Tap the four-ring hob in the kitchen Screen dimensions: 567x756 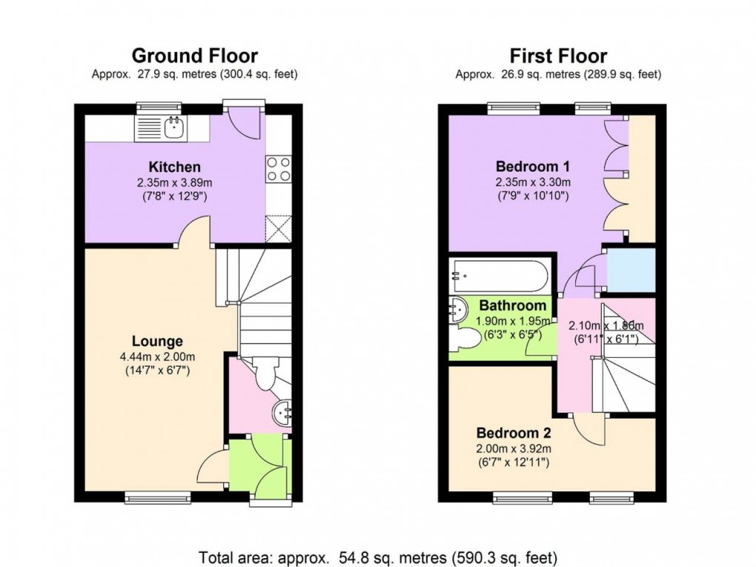(x=278, y=169)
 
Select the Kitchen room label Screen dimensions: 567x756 (x=174, y=167)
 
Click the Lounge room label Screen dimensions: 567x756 (x=157, y=342)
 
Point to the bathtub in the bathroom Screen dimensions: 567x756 (x=500, y=277)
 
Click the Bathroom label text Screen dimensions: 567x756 (x=512, y=305)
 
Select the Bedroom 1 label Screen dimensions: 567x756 (x=527, y=165)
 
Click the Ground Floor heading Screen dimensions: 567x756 (x=194, y=56)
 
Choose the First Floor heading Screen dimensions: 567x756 (x=558, y=56)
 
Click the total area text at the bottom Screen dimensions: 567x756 (x=377, y=556)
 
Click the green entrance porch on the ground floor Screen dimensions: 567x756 (x=256, y=467)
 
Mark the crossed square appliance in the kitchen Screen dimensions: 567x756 (x=279, y=228)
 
